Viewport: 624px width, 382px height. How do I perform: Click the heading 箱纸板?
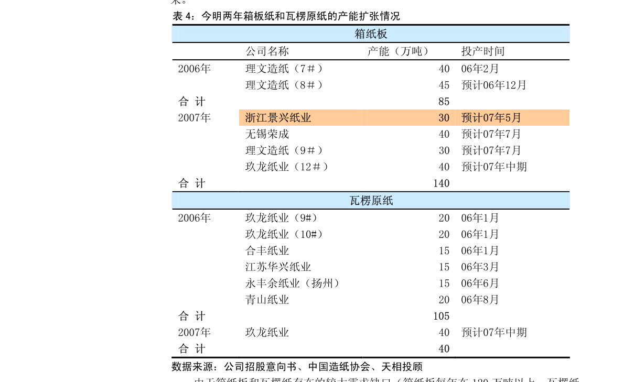pos(371,34)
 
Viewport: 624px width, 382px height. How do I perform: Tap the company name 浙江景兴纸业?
pos(278,118)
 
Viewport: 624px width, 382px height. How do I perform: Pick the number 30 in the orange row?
pos(444,118)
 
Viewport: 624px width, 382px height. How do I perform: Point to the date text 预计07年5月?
pos(491,118)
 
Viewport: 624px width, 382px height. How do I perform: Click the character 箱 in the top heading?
pos(360,34)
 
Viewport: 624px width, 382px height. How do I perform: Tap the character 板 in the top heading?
pos(382,34)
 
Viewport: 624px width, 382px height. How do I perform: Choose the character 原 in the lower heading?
pos(376,201)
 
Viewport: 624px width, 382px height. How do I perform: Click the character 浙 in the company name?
pos(251,118)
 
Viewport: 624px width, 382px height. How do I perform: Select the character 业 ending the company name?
pos(306,118)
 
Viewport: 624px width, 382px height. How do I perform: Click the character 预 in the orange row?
pos(467,118)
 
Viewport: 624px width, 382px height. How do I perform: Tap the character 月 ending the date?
pos(517,118)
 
